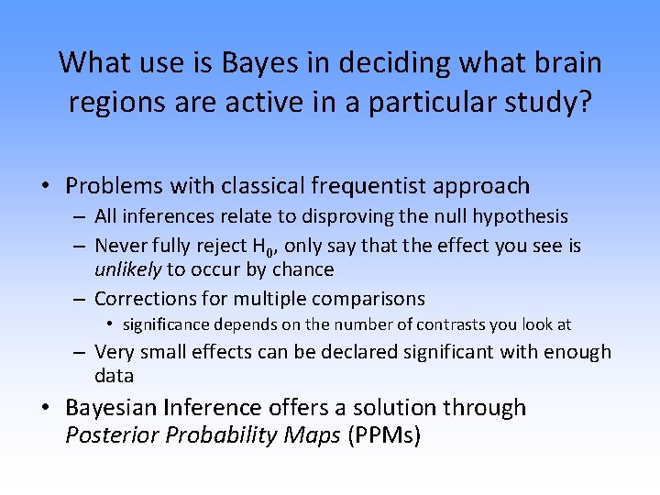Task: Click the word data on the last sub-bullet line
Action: [114, 376]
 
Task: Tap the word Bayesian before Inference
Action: [118, 408]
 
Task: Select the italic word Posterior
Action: [114, 435]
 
